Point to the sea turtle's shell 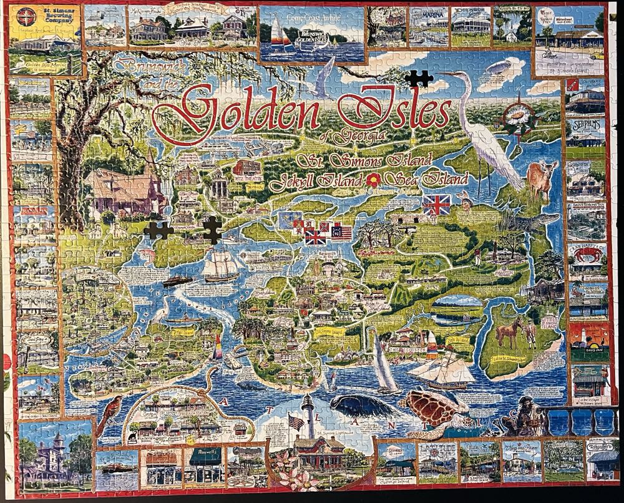coord(431,408)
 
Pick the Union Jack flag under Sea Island coord(437,205)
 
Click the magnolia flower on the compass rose coord(516,117)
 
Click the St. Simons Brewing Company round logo coord(25,17)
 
